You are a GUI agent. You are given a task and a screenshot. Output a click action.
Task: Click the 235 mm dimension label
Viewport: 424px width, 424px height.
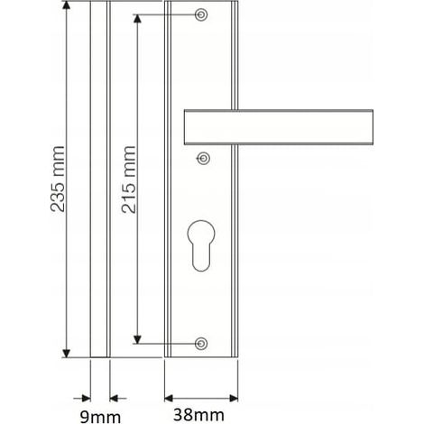point(58,179)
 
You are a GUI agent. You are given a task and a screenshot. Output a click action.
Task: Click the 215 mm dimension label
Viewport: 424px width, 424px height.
point(128,180)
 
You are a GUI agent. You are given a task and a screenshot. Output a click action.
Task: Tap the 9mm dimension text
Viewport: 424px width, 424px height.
point(100,417)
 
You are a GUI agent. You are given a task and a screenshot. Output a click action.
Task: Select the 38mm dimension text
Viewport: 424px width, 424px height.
point(198,415)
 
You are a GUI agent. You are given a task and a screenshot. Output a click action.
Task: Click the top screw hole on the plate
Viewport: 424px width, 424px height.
point(201,14)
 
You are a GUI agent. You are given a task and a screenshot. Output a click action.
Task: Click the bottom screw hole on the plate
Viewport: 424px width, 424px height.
point(201,344)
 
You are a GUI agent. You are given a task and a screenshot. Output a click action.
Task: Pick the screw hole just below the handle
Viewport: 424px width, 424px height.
point(203,158)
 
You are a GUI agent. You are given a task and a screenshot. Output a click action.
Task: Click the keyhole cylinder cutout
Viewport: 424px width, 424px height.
point(201,246)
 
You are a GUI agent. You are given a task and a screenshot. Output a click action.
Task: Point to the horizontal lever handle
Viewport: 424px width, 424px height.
point(279,127)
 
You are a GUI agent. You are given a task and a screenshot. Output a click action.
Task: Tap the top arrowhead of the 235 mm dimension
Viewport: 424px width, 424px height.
point(67,5)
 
